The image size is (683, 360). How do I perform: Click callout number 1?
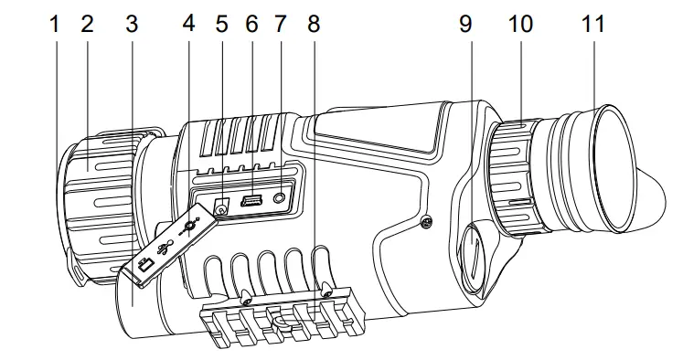point(55,24)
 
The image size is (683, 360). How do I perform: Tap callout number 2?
point(88,24)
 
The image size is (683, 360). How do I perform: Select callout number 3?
point(132,24)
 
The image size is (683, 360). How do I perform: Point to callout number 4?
point(189,24)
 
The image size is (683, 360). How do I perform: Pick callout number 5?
point(221,24)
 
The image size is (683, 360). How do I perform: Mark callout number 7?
point(281,24)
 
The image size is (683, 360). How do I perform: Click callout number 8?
point(314,24)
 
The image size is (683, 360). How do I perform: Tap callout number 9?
point(466,24)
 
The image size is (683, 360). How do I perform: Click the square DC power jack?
point(220,207)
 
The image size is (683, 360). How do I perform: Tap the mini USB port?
point(251,201)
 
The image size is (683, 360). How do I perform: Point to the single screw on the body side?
point(426,220)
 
